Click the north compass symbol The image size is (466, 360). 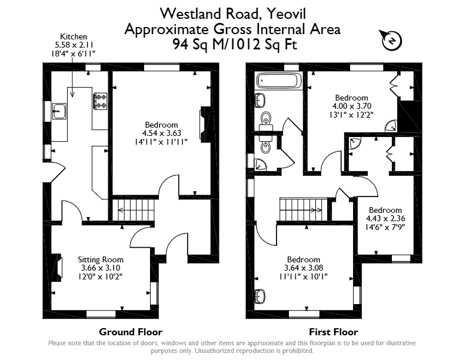coord(391,41)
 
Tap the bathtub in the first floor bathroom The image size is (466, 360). coord(278,80)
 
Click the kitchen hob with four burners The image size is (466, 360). coord(101,101)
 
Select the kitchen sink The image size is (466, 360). coord(59,111)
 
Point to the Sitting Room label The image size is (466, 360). coord(101,259)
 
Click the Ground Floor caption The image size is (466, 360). coord(131,332)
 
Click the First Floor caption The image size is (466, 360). coord(334,332)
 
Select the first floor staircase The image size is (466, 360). coord(304,209)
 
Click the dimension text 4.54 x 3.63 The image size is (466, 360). coord(161,133)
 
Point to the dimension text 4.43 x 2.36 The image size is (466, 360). coord(385,218)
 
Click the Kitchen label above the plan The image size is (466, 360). coord(74,36)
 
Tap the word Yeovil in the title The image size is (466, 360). coord(286,14)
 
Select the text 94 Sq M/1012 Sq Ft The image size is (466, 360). coord(235,45)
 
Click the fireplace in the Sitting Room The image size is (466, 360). coord(56,267)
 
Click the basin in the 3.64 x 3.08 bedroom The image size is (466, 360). coord(260,296)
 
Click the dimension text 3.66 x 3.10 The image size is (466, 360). coord(101,268)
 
